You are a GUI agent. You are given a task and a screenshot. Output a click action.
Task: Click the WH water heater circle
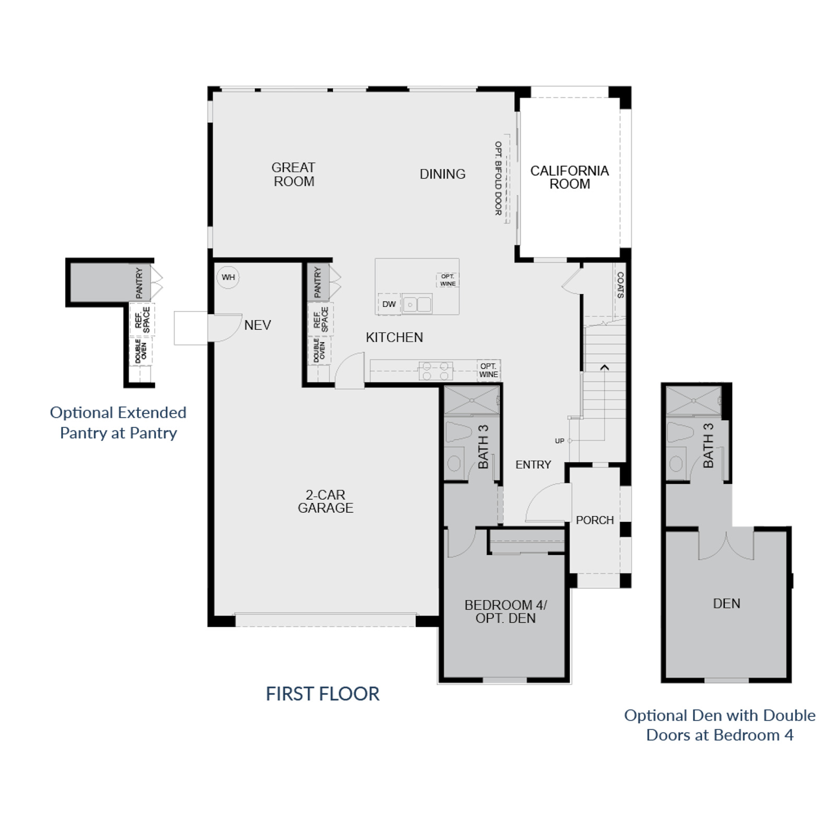(228, 277)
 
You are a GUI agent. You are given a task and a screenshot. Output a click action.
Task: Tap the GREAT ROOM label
(294, 175)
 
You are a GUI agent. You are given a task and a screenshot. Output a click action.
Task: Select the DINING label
(443, 174)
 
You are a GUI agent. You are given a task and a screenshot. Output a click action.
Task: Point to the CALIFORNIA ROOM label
(570, 178)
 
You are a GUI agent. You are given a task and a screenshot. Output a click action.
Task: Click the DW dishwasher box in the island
(389, 304)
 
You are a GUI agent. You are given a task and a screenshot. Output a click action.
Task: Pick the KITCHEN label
(394, 338)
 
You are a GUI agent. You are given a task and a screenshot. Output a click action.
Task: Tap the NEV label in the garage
(258, 325)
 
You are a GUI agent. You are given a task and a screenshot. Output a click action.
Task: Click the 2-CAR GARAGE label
(326, 502)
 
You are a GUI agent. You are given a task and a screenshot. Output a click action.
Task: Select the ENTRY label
(533, 465)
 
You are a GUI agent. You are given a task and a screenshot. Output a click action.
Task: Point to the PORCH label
(595, 520)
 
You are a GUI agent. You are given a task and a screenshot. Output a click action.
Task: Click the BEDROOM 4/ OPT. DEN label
(505, 612)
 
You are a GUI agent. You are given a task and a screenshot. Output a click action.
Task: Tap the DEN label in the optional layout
(726, 603)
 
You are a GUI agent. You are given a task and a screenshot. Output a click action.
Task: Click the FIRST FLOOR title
(322, 694)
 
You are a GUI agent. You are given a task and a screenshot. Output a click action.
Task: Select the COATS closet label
(620, 285)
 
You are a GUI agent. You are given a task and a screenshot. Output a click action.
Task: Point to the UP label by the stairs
(560, 441)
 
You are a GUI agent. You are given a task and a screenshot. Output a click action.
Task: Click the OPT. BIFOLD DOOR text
(498, 178)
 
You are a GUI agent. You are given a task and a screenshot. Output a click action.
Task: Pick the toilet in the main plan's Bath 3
(459, 433)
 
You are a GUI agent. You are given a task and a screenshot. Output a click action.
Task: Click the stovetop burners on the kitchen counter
(435, 371)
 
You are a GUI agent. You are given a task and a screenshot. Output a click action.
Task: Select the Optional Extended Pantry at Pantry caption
(119, 423)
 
